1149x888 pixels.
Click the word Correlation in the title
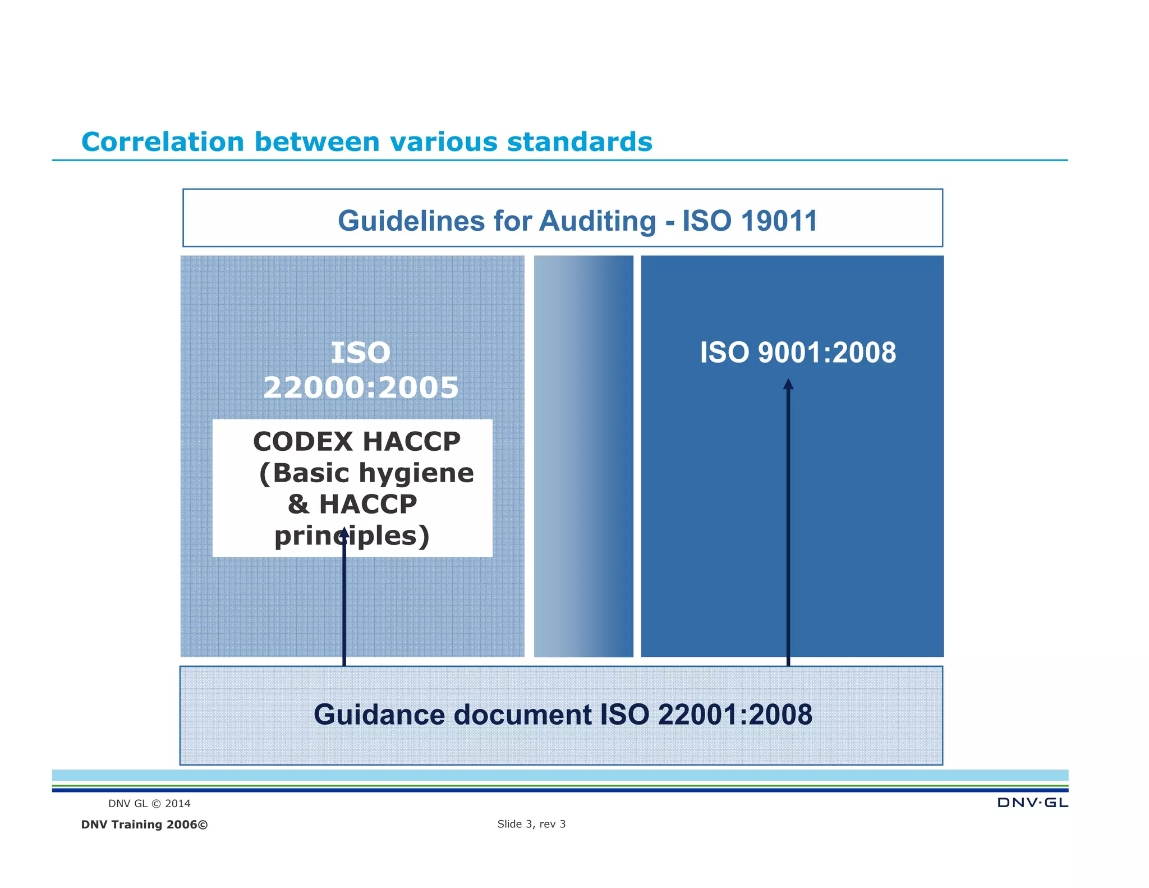pyautogui.click(x=163, y=141)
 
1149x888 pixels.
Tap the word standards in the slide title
pyautogui.click(x=580, y=141)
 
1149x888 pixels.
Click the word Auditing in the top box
pyautogui.click(x=598, y=221)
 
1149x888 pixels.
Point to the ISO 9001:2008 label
pyautogui.click(x=797, y=353)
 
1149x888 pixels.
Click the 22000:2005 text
pyautogui.click(x=361, y=388)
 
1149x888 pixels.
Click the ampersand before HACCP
pyautogui.click(x=298, y=504)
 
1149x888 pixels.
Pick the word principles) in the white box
pyautogui.click(x=352, y=536)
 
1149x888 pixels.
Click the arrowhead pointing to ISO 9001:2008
pyautogui.click(x=788, y=385)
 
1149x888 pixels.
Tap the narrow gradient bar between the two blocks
pyautogui.click(x=583, y=456)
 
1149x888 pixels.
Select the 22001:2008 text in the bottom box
pyautogui.click(x=734, y=715)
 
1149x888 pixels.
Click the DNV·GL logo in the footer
pyautogui.click(x=1032, y=803)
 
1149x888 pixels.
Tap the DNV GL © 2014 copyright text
pyautogui.click(x=149, y=804)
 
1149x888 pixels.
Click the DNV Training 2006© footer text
pyautogui.click(x=144, y=825)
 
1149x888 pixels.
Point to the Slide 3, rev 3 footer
pyautogui.click(x=531, y=824)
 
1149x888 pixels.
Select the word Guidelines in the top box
pyautogui.click(x=411, y=221)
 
